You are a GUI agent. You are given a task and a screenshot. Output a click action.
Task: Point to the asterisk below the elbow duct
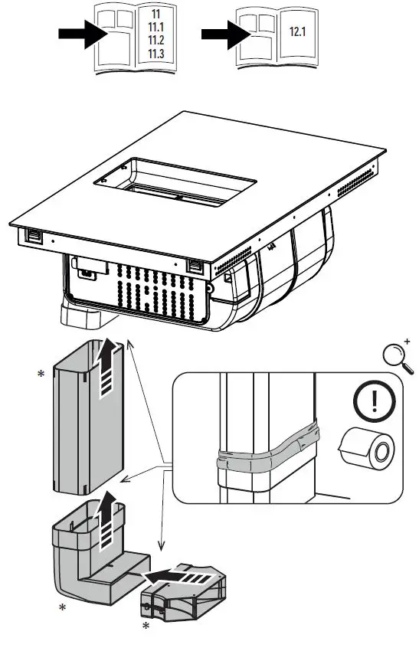(63, 608)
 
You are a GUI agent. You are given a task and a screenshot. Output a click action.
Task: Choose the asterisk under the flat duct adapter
(145, 626)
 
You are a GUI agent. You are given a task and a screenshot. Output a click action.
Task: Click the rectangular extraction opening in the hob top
(176, 182)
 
